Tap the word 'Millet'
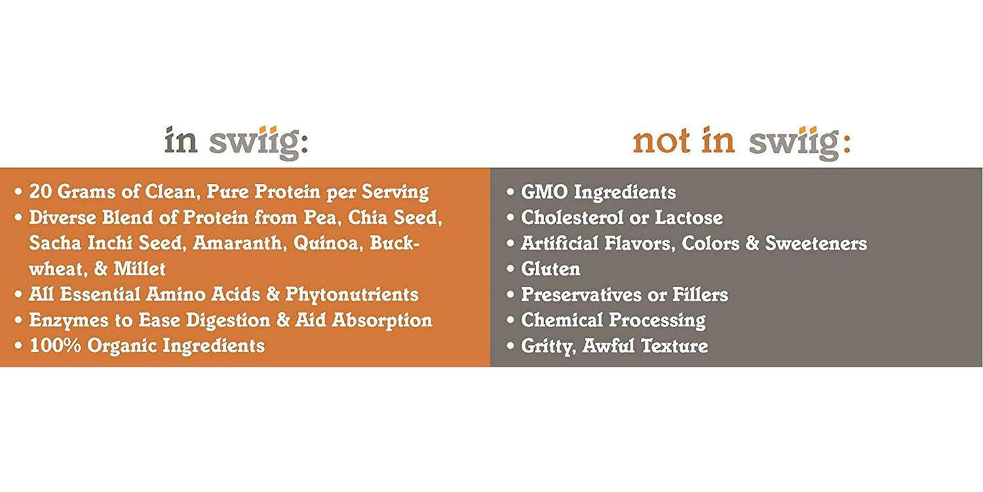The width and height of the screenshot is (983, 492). click(x=139, y=269)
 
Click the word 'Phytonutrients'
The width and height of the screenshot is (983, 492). click(x=352, y=295)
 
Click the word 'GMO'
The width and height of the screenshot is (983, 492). click(x=544, y=193)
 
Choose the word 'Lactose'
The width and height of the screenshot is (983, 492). click(x=689, y=218)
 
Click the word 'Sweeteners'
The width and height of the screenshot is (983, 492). click(x=816, y=244)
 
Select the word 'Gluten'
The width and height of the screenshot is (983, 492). click(x=550, y=269)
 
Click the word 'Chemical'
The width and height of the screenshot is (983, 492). click(x=562, y=320)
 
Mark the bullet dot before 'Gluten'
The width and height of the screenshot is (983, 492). click(x=510, y=269)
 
